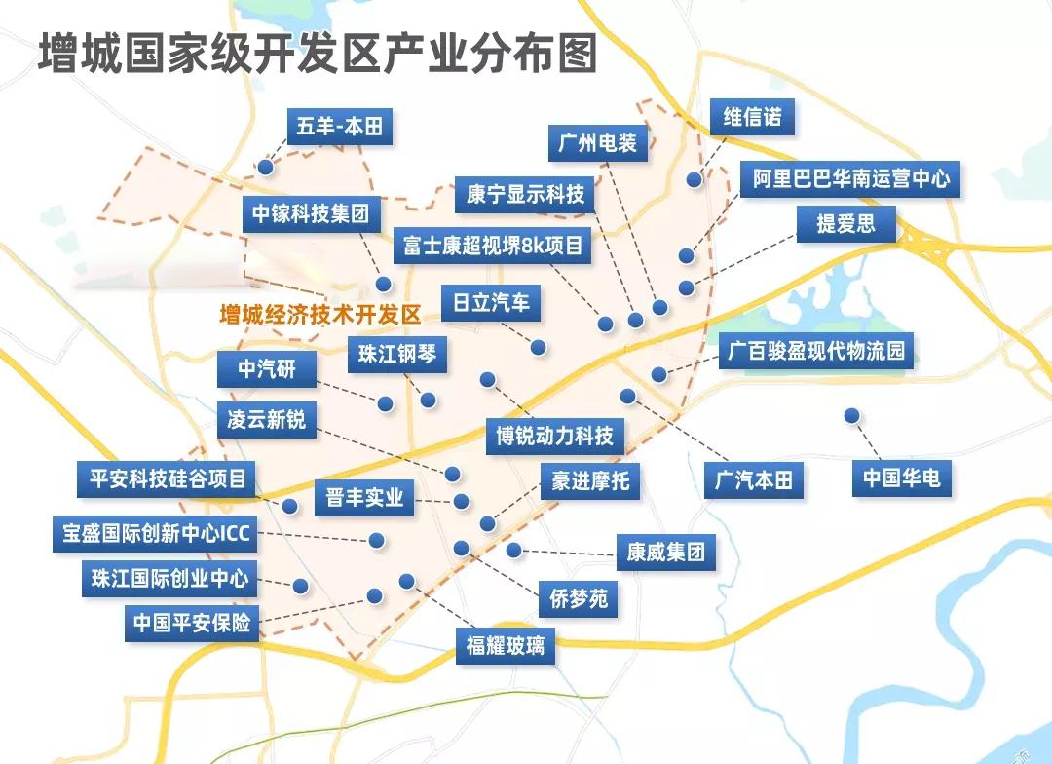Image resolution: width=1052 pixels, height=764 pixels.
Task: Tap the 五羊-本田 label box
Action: coord(340,127)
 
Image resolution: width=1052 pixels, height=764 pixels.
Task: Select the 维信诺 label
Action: coord(752,118)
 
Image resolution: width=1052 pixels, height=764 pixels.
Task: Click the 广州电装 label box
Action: coord(598,143)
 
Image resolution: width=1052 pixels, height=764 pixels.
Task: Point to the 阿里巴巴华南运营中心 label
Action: coord(850,179)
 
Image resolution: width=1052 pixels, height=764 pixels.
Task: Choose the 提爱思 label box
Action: coord(845,224)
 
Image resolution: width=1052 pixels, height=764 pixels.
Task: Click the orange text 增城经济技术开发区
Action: coord(320,315)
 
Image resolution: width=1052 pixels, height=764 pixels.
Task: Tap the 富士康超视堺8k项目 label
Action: coord(493,246)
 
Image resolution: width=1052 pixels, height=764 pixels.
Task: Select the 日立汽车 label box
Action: coord(491,302)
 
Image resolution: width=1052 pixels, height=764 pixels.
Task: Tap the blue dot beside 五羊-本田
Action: coord(265,168)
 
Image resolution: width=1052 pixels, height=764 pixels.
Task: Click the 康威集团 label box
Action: coord(666,553)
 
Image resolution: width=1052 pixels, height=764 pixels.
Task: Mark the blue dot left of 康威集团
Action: coord(513,551)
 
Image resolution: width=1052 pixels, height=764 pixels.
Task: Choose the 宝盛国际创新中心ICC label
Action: coord(156,534)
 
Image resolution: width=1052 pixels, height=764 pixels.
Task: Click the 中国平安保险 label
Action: coord(191,622)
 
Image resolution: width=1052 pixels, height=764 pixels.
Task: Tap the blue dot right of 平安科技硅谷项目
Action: coord(289,506)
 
